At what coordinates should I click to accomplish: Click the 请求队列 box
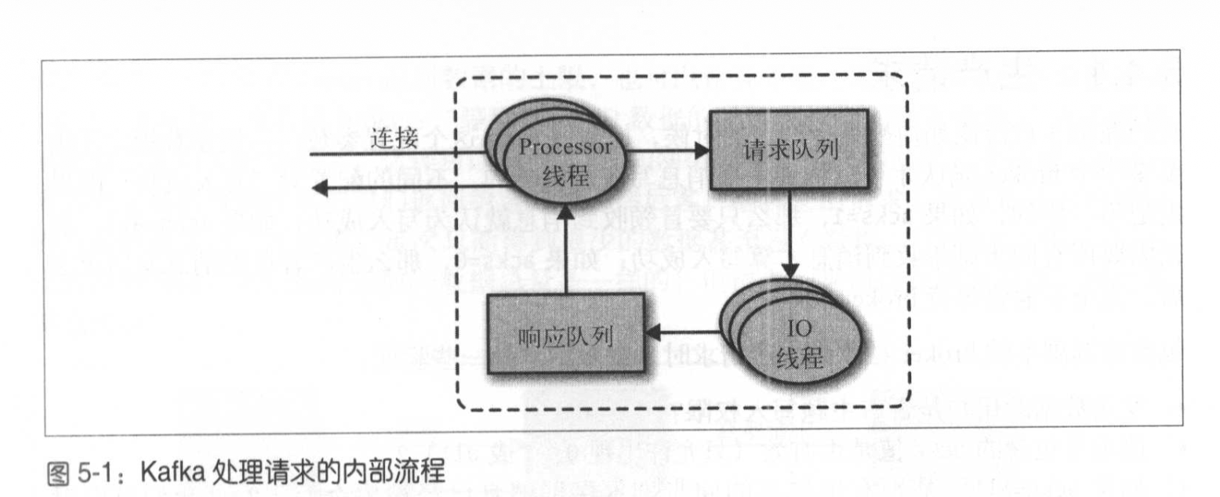pos(788,150)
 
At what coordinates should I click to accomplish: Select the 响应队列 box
pos(565,335)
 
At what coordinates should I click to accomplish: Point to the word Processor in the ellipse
pos(565,147)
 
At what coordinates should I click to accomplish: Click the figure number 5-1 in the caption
pos(103,474)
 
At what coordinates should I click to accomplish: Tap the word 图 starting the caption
pos(60,474)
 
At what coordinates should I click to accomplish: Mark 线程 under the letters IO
pos(800,359)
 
